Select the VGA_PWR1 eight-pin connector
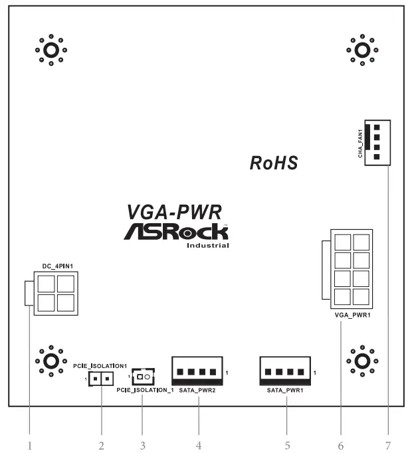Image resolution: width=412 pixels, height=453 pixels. point(352,268)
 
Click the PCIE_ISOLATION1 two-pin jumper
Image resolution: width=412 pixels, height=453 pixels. point(102,380)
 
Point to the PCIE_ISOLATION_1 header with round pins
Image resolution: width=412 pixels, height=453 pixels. point(142,378)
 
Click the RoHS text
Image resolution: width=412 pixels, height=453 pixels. point(273,163)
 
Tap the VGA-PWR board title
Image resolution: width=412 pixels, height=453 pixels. point(173,212)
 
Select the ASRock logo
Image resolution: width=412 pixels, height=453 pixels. point(175,232)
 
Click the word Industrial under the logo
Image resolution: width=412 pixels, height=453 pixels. point(208,246)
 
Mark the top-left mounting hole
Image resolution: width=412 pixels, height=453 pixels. point(51,50)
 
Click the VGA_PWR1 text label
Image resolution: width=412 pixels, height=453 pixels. point(352,315)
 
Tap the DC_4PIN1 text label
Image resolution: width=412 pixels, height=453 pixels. point(56,266)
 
